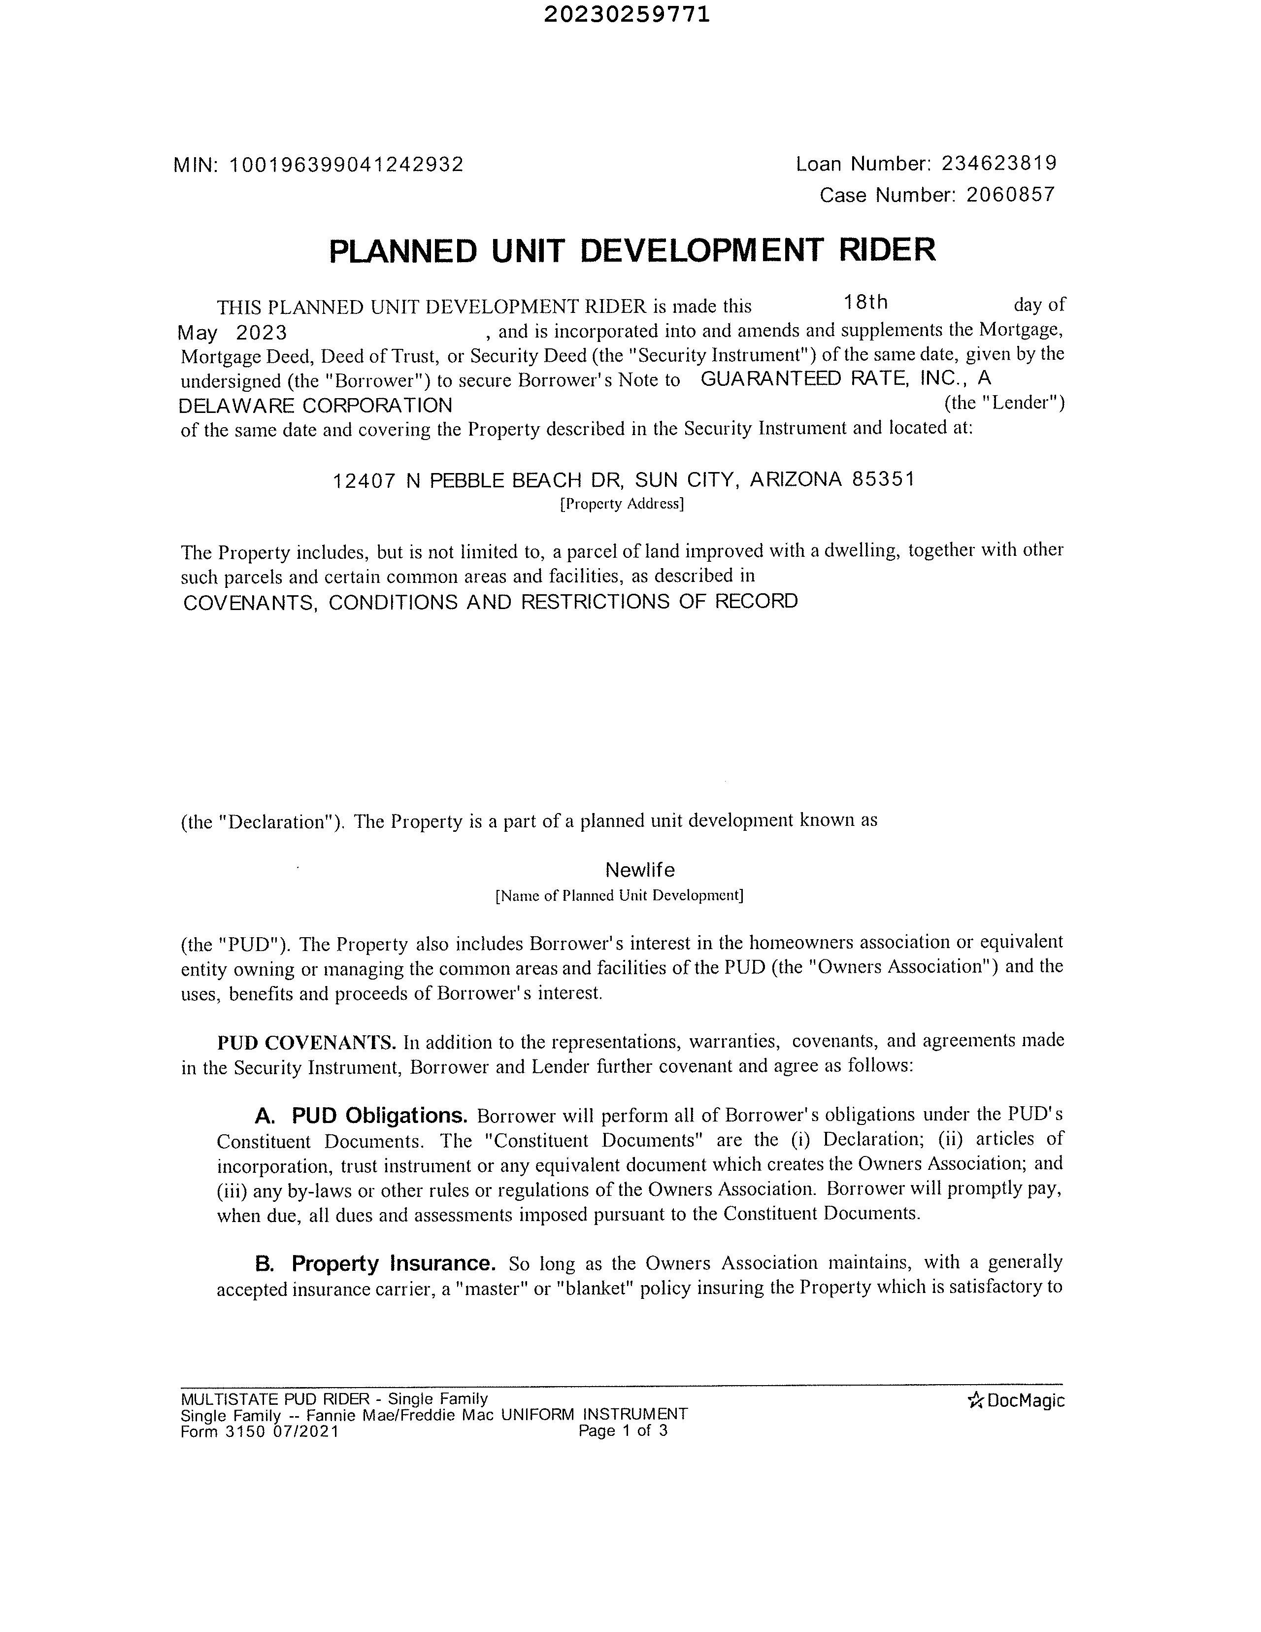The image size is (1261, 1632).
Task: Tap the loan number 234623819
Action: [x=999, y=163]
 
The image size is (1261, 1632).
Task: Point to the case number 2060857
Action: [x=1010, y=195]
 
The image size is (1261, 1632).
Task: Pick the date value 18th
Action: [x=865, y=303]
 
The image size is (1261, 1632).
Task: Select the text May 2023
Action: [x=232, y=333]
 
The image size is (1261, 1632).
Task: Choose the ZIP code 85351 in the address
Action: [x=883, y=479]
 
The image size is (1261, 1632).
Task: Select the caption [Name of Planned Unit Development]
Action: [x=619, y=895]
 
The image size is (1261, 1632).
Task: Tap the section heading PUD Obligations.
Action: [x=379, y=1116]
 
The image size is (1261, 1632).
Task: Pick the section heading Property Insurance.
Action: [x=394, y=1263]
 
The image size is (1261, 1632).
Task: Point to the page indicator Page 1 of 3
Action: [x=623, y=1430]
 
